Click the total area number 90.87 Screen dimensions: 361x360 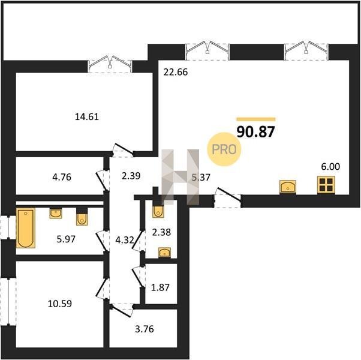(x=256, y=132)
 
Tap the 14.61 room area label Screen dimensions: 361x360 (x=87, y=116)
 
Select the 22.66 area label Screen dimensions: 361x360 (x=176, y=72)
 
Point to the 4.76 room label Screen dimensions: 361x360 (x=62, y=177)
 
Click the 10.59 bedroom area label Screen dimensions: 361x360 (x=60, y=304)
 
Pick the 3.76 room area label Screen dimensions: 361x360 (x=145, y=329)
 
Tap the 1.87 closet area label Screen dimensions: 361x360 (x=160, y=287)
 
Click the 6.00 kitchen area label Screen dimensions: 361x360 (x=330, y=166)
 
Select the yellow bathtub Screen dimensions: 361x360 (x=26, y=228)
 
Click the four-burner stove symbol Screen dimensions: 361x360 (x=326, y=185)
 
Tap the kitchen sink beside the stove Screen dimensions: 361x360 (x=288, y=187)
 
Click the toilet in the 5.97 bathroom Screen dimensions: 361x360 (x=82, y=218)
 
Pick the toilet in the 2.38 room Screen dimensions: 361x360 (x=158, y=210)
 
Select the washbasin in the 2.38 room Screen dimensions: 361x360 (x=165, y=253)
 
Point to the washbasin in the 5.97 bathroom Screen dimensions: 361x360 (x=56, y=213)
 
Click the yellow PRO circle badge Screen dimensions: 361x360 (x=224, y=149)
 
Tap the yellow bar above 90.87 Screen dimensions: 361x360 (x=256, y=119)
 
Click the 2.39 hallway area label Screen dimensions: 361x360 (x=131, y=176)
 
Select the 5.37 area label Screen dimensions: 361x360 (x=201, y=177)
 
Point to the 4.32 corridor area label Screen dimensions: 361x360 (x=125, y=240)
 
